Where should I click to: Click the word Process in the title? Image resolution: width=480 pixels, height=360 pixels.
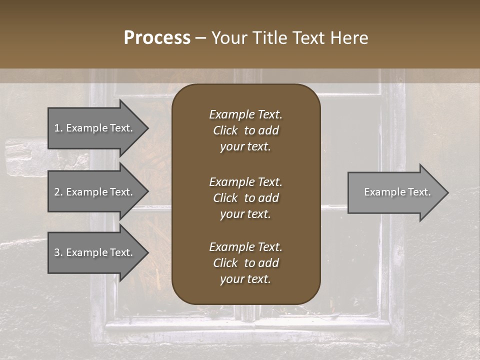(157, 38)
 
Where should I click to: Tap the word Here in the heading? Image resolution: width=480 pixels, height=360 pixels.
(349, 38)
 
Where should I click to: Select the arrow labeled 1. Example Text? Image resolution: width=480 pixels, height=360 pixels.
(95, 128)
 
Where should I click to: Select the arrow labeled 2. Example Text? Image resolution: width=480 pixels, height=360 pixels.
(95, 192)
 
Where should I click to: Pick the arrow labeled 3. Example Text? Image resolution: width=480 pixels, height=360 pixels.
(95, 252)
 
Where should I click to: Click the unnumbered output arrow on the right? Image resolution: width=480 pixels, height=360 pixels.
(395, 192)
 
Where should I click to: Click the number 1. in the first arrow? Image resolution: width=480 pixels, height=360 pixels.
(58, 128)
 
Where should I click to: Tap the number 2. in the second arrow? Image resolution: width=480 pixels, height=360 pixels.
(58, 192)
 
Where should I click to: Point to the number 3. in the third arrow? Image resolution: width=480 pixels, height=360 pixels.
(58, 252)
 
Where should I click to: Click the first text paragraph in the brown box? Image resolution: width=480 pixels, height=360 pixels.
(245, 130)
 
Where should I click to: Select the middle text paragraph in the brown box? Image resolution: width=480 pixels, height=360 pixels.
(245, 197)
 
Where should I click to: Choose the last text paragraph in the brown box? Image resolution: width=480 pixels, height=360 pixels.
(245, 263)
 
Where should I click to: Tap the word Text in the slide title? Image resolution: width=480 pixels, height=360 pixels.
(308, 38)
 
